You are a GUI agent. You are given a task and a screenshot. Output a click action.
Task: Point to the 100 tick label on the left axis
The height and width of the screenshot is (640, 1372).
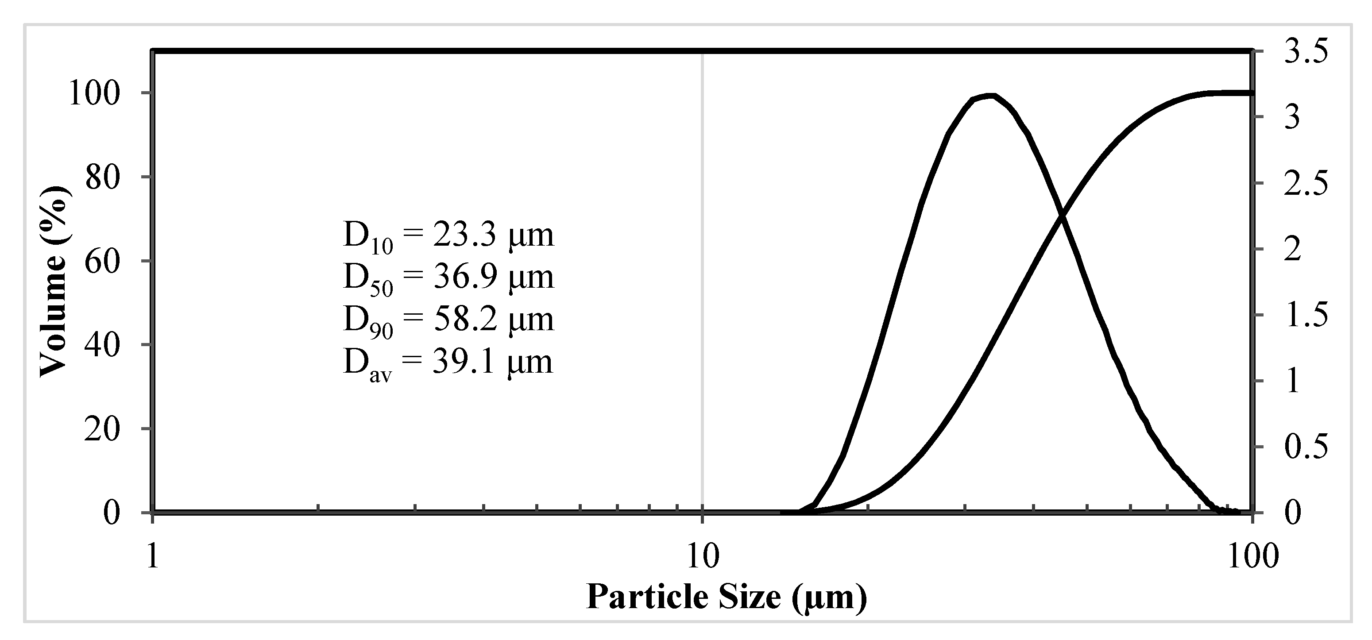click(95, 94)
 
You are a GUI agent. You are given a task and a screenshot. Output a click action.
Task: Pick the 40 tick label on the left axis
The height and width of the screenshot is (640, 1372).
click(103, 346)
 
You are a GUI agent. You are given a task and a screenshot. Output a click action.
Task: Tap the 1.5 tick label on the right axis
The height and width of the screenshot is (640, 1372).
click(1306, 316)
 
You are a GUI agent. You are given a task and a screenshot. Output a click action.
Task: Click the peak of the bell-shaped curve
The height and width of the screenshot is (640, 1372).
click(989, 96)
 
